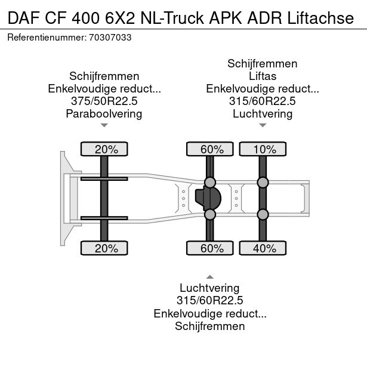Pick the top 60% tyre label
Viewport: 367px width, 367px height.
[x=210, y=149]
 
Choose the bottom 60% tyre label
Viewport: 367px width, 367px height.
[x=210, y=248]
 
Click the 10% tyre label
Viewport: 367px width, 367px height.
[x=263, y=149]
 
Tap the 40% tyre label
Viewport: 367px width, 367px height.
[x=263, y=248]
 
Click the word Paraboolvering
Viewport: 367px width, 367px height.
[x=104, y=113]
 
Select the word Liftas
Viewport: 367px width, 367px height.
[x=263, y=76]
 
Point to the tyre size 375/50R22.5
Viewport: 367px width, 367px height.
[x=104, y=101]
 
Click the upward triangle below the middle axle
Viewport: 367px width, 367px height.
[x=210, y=276]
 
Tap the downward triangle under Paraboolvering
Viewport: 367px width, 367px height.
[x=104, y=125]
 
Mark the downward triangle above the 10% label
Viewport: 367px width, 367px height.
[x=263, y=125]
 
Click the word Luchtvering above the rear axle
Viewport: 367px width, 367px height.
[x=263, y=113]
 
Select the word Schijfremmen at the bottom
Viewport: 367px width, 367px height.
[x=210, y=326]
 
